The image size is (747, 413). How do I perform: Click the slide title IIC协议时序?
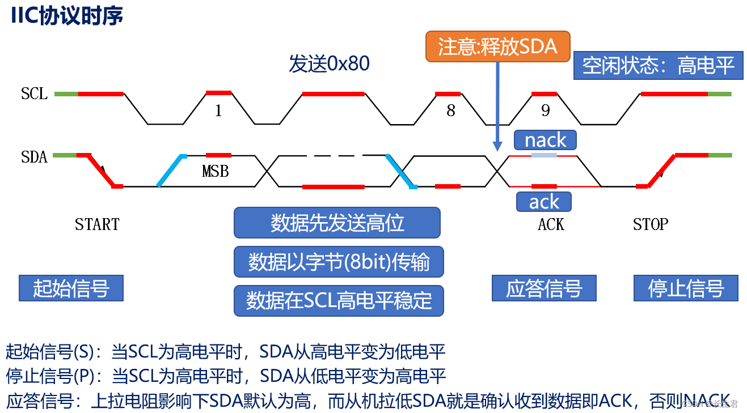(67, 16)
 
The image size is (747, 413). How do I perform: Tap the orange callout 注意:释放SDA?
(497, 46)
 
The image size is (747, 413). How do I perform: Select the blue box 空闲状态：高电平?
(658, 66)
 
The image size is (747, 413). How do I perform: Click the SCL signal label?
(35, 93)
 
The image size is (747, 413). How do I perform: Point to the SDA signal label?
(35, 156)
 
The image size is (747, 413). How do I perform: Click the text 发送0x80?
(329, 63)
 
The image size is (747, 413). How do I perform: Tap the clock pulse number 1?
(218, 110)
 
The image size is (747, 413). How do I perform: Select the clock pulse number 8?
(451, 110)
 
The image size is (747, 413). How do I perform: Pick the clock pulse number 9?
(545, 110)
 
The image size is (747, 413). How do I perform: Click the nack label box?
(545, 140)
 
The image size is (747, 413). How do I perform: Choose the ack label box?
(543, 202)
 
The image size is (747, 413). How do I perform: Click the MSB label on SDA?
(216, 171)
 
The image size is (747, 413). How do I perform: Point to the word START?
(97, 224)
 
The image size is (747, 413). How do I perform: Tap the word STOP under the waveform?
(651, 224)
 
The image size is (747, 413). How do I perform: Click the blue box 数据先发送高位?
(337, 223)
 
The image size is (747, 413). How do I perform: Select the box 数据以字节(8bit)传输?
(339, 262)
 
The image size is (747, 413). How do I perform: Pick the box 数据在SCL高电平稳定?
(339, 300)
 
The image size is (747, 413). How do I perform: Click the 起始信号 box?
(71, 288)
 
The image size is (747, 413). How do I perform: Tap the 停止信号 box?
(686, 288)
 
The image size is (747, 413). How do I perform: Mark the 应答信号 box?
(544, 288)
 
